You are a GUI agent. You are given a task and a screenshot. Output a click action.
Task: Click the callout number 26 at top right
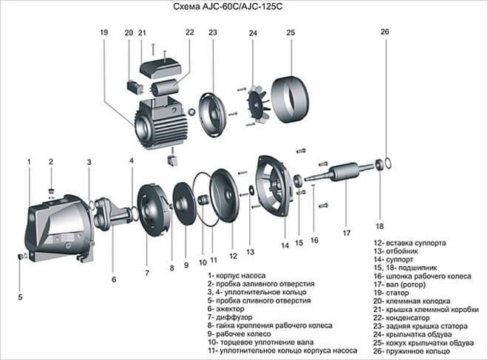tap(384, 32)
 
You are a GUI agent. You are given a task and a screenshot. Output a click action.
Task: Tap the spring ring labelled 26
tap(388, 163)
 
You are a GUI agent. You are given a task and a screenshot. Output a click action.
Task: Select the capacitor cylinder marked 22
tap(165, 86)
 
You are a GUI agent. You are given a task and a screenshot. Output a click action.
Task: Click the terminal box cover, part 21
tap(160, 67)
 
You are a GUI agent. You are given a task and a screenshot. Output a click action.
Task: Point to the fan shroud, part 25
tap(290, 98)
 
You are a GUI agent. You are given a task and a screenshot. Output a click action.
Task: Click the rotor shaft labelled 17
tap(339, 172)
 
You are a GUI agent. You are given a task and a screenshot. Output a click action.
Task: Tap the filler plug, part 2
tap(51, 191)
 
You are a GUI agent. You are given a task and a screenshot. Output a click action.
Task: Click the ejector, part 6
tap(112, 212)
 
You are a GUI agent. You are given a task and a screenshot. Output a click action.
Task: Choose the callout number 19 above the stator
tap(104, 33)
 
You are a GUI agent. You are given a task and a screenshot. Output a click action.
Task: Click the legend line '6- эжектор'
tap(226, 309)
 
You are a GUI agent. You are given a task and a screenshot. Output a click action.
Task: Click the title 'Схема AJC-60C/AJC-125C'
tap(228, 7)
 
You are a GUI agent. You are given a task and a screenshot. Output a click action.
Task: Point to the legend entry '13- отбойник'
tap(396, 251)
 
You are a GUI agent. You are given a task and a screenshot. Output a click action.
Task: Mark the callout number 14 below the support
tap(285, 245)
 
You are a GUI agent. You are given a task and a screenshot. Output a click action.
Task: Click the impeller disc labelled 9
tap(184, 204)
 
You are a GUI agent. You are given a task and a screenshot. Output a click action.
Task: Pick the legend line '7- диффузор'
tap(230, 317)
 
